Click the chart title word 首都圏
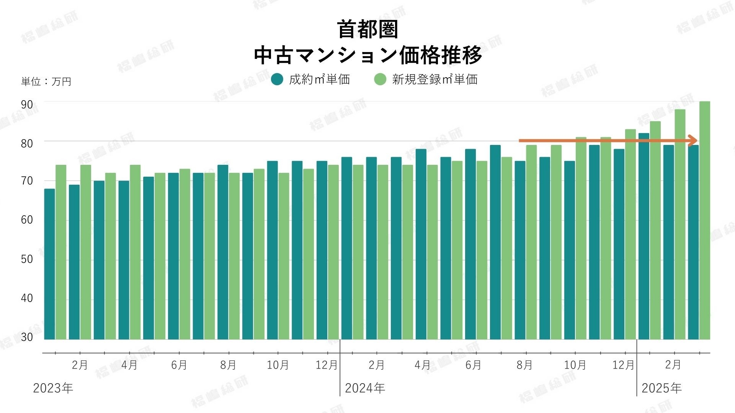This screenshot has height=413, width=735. [367, 29]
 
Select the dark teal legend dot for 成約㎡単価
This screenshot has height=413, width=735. [277, 79]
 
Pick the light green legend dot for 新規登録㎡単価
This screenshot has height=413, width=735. [380, 79]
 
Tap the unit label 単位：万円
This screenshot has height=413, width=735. [46, 81]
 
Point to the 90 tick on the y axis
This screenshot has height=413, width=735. [27, 105]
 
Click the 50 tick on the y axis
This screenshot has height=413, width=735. [27, 259]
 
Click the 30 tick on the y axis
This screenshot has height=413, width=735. [27, 337]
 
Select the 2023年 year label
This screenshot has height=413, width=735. [53, 388]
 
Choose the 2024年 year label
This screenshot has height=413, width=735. [365, 388]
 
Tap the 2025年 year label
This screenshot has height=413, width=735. [661, 388]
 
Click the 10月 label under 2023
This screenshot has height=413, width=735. [278, 365]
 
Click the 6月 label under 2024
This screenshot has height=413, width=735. [473, 365]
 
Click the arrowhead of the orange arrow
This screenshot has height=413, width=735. [693, 141]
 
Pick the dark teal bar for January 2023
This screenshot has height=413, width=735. [49, 264]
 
